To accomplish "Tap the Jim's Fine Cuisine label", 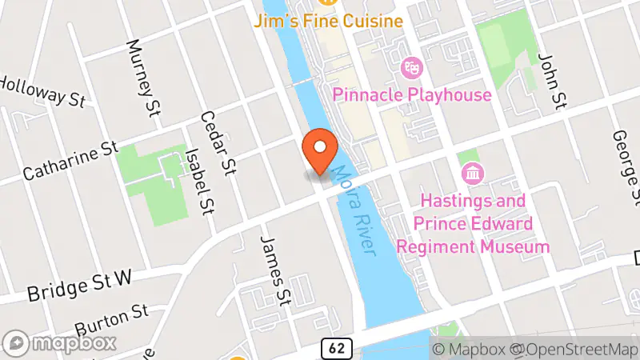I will tap(327, 22).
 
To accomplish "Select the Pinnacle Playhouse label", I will tap(411, 95).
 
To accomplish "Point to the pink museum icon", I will tap(472, 172).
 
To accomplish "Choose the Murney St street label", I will tap(146, 77).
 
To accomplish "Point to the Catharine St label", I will tap(70, 161).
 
